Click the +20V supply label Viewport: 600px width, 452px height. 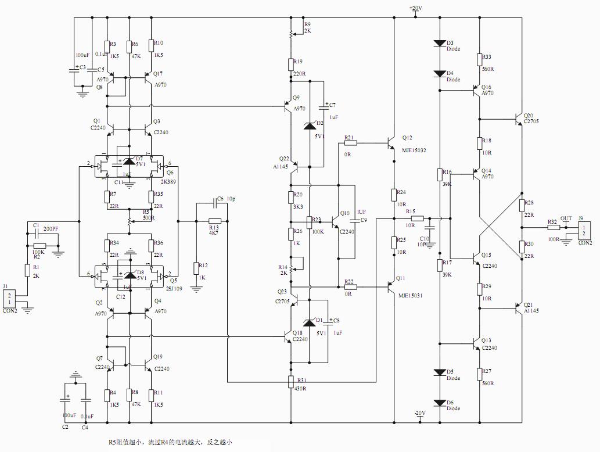tap(416, 8)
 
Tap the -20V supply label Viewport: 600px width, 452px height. tap(420, 413)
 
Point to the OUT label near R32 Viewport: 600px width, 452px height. tap(566, 218)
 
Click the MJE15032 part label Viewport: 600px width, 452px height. tap(414, 150)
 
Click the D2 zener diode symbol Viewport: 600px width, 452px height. tap(310, 125)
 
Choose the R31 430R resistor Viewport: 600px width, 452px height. tap(290, 381)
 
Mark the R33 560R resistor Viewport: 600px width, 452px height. tap(480, 59)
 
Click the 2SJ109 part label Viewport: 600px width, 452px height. tap(174, 288)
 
